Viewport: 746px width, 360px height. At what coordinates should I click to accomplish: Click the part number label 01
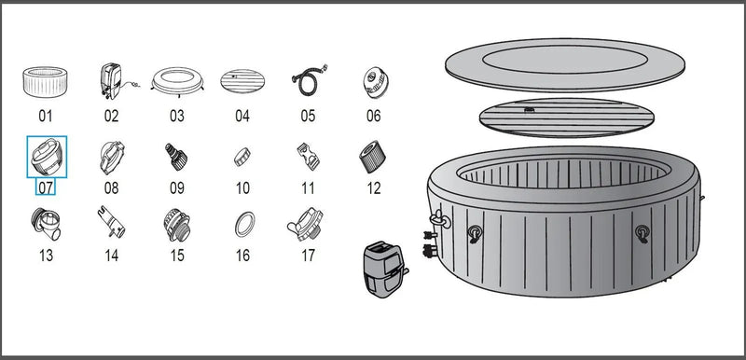(46, 117)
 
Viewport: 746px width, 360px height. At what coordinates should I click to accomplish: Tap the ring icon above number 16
(242, 225)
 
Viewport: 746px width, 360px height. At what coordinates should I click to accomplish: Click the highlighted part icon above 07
(46, 154)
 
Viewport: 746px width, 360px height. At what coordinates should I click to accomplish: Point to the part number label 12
(374, 187)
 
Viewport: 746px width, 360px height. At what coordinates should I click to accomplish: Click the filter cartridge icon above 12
(373, 155)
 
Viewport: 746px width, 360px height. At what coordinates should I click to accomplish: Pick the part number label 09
(177, 187)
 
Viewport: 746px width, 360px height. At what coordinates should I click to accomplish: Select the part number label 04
(242, 117)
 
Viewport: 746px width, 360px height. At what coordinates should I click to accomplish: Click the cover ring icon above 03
(177, 82)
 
